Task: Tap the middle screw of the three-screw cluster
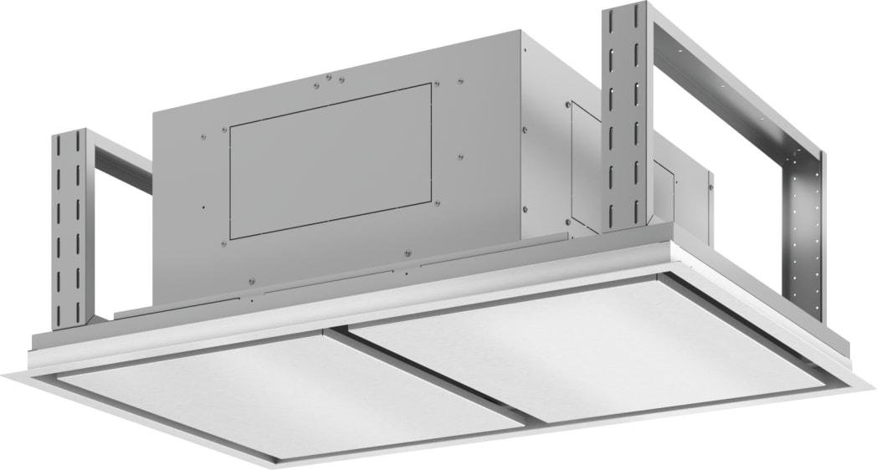[x=329, y=81]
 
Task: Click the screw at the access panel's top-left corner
[x=224, y=130]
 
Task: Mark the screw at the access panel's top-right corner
[x=434, y=84]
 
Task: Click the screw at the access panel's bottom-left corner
[x=224, y=243]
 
